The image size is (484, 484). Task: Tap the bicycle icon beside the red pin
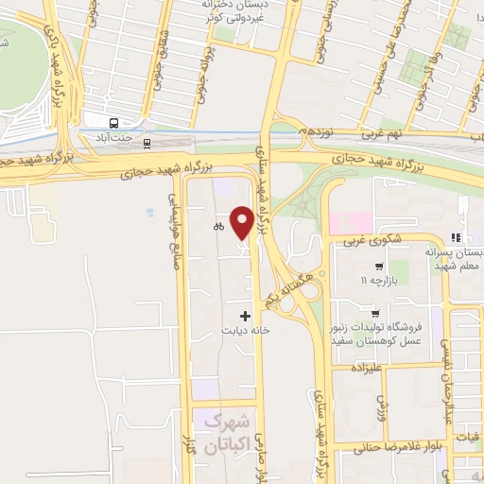(x=218, y=226)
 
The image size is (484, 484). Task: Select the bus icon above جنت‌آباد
(x=114, y=123)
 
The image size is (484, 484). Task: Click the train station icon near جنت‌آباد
(x=147, y=144)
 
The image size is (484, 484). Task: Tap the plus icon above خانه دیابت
(x=246, y=315)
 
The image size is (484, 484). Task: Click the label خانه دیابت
(x=247, y=331)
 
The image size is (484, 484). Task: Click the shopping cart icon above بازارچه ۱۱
(x=378, y=267)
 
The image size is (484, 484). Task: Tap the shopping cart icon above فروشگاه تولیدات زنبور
(x=376, y=313)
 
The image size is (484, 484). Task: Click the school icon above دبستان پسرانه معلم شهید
(x=455, y=237)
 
